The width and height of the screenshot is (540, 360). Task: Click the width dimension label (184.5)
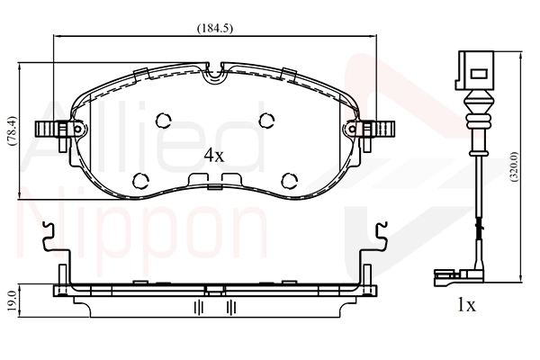coord(215,28)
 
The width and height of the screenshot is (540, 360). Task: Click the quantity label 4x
coord(213,155)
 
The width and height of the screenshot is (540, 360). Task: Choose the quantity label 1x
coord(465,305)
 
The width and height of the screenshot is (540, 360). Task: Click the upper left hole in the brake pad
coord(164,121)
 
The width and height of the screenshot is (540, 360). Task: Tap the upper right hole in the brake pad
coord(267,121)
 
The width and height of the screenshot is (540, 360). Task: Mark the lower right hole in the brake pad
coord(289,179)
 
